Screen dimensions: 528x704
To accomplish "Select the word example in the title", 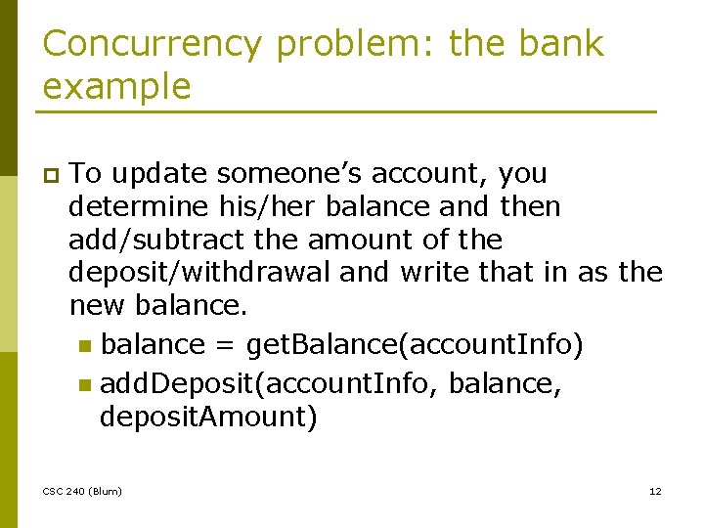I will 117,87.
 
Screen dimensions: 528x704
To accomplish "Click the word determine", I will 139,207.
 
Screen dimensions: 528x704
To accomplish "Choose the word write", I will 437,273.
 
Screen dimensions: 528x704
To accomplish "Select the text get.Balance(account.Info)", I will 415,345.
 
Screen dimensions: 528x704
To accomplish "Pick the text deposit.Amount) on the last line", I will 208,418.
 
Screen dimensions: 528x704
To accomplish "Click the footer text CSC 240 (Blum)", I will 82,491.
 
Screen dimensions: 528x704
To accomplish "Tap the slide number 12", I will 655,491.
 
